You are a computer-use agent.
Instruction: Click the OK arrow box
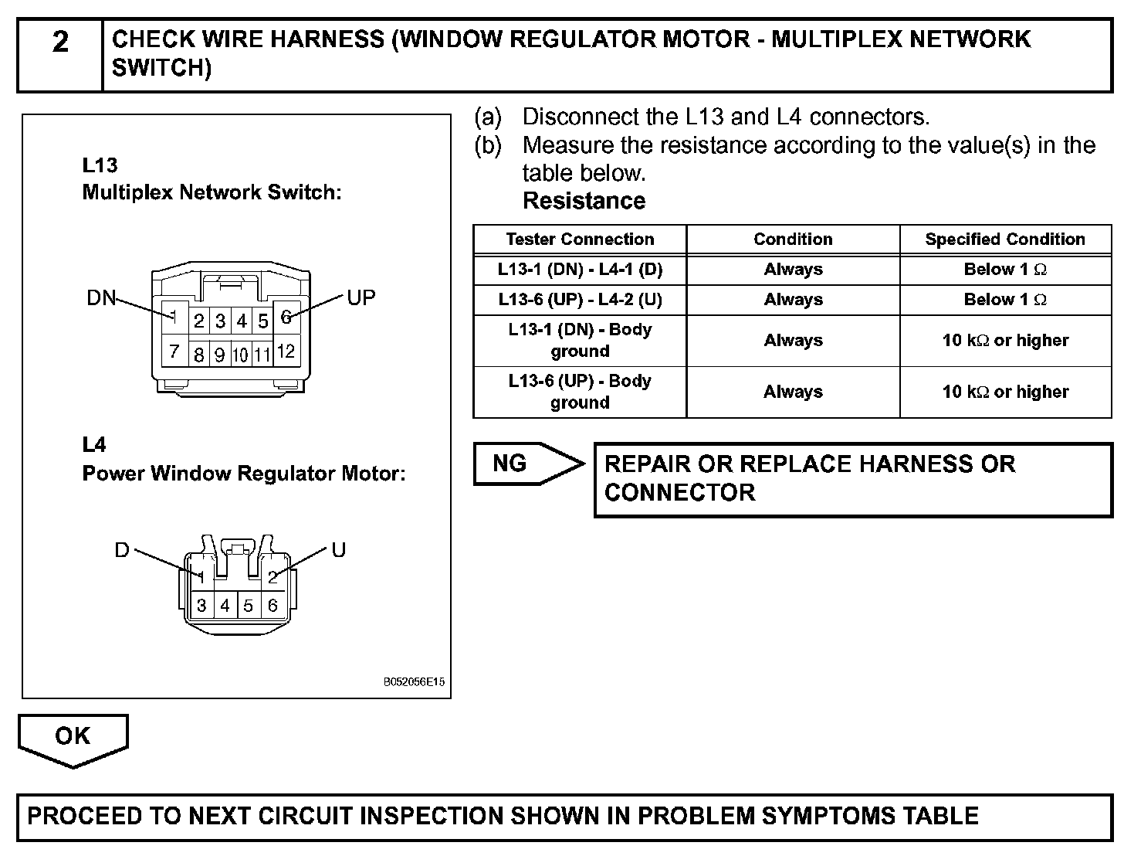coord(73,737)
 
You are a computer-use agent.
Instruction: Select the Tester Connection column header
coord(580,239)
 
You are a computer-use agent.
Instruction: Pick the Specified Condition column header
coord(1005,239)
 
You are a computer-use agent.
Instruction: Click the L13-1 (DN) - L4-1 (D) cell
coord(580,270)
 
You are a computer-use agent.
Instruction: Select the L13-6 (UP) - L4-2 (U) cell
coord(580,300)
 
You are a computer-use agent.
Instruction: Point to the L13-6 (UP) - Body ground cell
coord(580,392)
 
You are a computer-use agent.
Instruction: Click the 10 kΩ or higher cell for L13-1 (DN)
coord(1005,341)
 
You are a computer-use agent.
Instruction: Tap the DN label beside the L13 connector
coord(100,298)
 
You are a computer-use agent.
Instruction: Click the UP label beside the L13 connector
coord(361,297)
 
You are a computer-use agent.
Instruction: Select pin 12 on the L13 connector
coord(286,352)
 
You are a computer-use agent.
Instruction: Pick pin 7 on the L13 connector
coord(174,352)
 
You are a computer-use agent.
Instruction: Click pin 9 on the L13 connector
coord(220,355)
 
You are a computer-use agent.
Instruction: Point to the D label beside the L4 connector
coord(122,550)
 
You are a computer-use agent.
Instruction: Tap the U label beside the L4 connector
coord(338,550)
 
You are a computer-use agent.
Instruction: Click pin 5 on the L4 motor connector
coord(249,606)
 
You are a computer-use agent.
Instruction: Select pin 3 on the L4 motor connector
coord(201,606)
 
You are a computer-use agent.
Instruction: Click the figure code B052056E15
coord(414,682)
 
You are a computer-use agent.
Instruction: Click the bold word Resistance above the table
coord(584,201)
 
